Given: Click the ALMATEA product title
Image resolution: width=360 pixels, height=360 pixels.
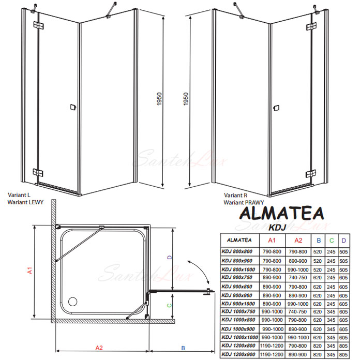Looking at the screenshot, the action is coord(282,213).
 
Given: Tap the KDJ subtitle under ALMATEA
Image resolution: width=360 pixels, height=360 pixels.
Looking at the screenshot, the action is coord(277,227).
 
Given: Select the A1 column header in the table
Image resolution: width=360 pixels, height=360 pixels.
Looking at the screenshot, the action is coord(272,241).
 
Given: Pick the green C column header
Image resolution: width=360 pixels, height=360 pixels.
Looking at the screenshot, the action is coord(332,241).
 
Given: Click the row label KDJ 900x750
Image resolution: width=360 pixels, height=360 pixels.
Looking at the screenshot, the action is coord(237,277).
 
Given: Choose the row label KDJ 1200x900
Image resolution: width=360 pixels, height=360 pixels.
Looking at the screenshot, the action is coord(238,354).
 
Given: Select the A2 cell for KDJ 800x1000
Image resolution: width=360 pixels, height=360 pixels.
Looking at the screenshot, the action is coord(298,270).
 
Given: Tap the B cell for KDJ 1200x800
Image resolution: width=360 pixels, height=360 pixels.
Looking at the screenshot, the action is coord(318,346).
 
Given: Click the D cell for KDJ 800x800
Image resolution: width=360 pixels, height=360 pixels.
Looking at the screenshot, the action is coord(343,251).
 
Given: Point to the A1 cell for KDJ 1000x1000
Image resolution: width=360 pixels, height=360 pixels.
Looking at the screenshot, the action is coord(272,337).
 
